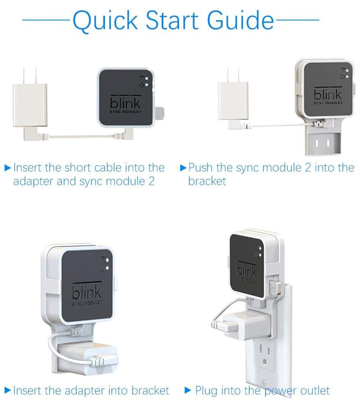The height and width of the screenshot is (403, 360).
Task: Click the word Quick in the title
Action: click(106, 20)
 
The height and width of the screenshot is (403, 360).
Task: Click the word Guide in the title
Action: click(241, 20)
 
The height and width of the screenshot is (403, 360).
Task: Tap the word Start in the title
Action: click(172, 20)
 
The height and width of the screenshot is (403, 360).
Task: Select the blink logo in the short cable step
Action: click(125, 102)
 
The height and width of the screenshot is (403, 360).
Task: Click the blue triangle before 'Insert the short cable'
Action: click(8, 168)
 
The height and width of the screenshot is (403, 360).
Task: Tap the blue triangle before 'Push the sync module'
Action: click(183, 168)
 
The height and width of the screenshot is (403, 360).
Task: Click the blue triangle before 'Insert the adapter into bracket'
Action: click(8, 390)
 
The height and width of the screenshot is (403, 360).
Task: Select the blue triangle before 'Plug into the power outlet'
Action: click(188, 390)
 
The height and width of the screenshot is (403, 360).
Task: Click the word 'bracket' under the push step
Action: click(207, 181)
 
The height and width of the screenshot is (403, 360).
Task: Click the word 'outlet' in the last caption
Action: click(315, 390)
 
